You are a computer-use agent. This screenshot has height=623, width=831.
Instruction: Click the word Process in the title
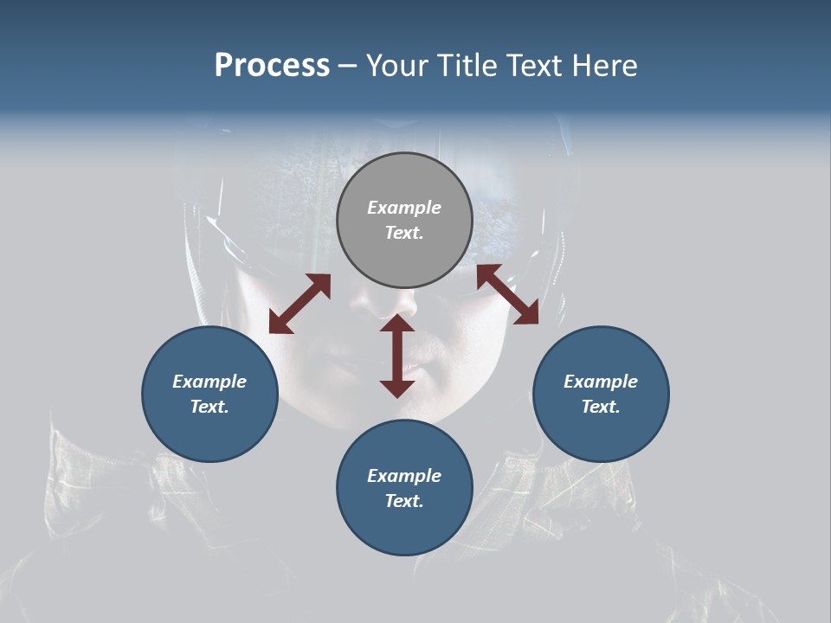pyautogui.click(x=272, y=66)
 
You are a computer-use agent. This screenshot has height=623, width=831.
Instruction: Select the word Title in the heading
pyautogui.click(x=468, y=66)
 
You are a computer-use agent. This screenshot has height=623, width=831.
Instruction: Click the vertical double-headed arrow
pyautogui.click(x=397, y=356)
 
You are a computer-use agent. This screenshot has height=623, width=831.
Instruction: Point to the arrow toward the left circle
pyautogui.click(x=300, y=304)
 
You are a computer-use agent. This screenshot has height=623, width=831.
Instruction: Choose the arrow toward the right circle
pyautogui.click(x=508, y=294)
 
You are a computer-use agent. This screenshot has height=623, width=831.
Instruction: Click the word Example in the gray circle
pyautogui.click(x=404, y=208)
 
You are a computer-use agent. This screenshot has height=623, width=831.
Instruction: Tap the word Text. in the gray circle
pyautogui.click(x=404, y=233)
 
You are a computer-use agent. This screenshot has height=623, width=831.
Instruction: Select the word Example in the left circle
pyautogui.click(x=209, y=382)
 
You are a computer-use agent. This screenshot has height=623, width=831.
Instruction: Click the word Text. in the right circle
pyautogui.click(x=601, y=407)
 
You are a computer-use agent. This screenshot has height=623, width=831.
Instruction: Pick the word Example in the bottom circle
pyautogui.click(x=404, y=476)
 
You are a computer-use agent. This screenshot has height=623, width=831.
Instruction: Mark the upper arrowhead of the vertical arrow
pyautogui.click(x=397, y=324)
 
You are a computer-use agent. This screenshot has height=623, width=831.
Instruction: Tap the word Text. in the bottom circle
pyautogui.click(x=404, y=501)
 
